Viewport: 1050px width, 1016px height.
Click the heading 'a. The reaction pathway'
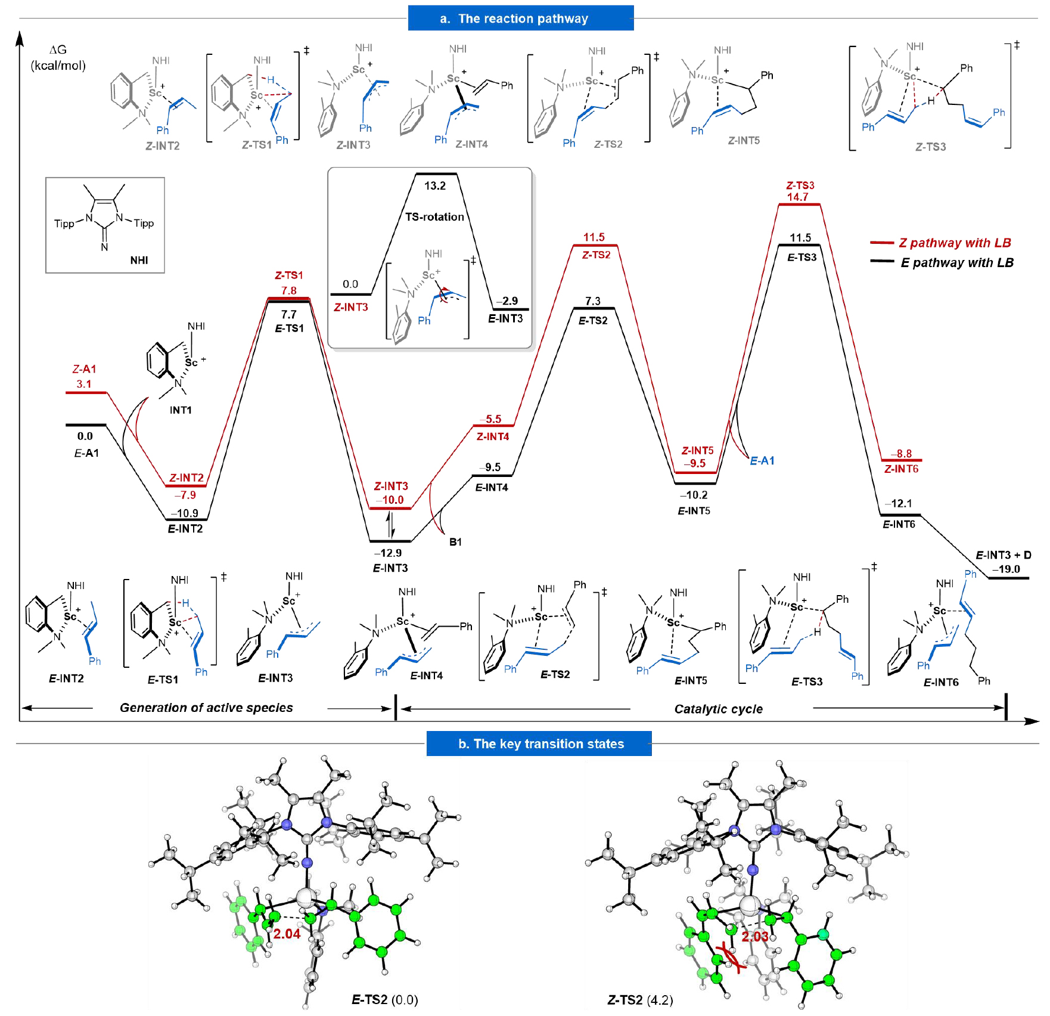click(x=520, y=18)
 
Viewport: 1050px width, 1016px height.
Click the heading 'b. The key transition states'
click(x=540, y=744)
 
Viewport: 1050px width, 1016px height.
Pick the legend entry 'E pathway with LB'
click(x=956, y=262)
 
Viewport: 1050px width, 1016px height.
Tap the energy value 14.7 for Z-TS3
click(x=797, y=197)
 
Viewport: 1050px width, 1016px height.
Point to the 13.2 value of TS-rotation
click(x=435, y=185)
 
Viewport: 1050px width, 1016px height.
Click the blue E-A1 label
click(x=762, y=460)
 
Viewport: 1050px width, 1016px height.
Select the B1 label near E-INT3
click(x=455, y=542)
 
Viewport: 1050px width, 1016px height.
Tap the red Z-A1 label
click(x=84, y=369)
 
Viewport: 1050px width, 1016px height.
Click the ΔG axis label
click(x=58, y=50)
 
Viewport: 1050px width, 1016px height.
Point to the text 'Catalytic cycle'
click(x=718, y=709)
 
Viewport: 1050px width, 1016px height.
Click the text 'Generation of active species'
click(x=206, y=708)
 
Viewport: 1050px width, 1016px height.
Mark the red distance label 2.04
click(x=287, y=934)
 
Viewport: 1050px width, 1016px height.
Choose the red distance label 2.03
click(x=754, y=936)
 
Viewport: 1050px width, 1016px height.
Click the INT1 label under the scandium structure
click(x=181, y=410)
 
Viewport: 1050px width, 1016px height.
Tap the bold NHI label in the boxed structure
click(x=139, y=260)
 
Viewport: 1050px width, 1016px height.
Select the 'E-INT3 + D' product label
click(x=1004, y=555)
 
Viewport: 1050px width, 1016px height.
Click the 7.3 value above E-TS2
click(x=592, y=301)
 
